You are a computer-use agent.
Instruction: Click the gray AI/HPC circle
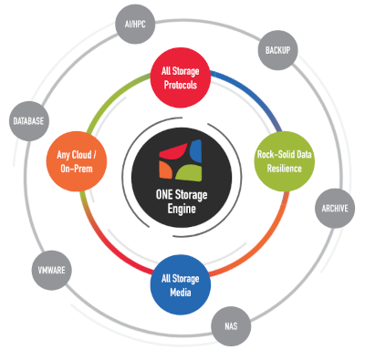coord(135,24)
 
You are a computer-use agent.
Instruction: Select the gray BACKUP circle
coord(277,50)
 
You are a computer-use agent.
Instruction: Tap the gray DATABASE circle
coord(28,121)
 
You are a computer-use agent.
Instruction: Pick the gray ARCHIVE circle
coord(335,209)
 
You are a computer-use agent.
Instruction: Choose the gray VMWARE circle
coord(52,270)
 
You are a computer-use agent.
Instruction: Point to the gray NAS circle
coord(231,326)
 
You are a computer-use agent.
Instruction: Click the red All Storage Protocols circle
coord(181,77)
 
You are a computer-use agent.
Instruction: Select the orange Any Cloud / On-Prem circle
coord(77,161)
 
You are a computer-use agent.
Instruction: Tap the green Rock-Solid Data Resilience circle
coord(285,161)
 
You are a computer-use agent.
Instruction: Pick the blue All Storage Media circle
coord(181,285)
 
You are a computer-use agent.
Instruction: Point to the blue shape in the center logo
coord(195,151)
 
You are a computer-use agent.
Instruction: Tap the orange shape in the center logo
coord(166,170)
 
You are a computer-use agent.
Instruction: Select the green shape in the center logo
coord(189,173)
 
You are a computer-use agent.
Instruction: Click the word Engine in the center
coord(182,209)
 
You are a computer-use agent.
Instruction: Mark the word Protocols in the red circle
coord(181,85)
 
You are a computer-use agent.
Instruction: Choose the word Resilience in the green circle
coord(285,169)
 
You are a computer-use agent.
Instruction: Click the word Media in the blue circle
coord(181,293)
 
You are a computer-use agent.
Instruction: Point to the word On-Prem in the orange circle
coord(77,169)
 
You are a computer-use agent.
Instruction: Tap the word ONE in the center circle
coord(164,195)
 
